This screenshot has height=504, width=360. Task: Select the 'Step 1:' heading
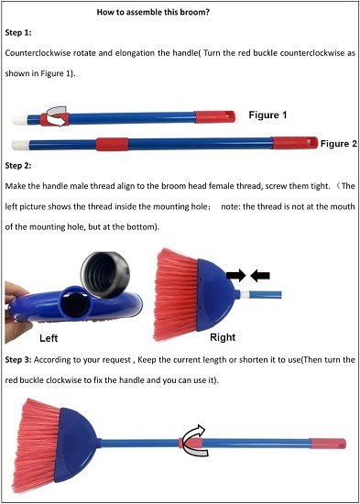pos(20,32)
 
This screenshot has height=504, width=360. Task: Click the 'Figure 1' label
pos(267,115)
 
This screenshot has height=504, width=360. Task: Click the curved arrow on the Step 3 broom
pos(191,439)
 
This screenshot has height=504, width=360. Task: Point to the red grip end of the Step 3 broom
pos(327,443)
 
